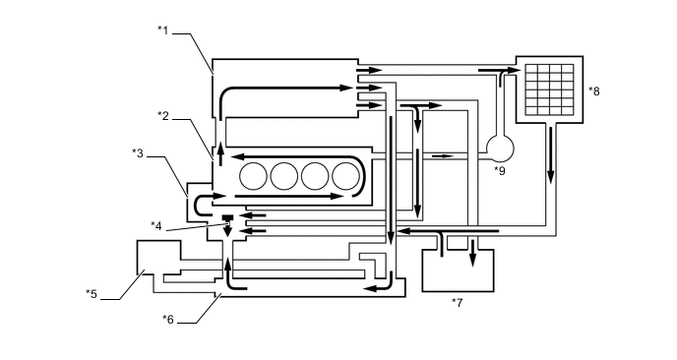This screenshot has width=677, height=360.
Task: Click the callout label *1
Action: pos(162,30)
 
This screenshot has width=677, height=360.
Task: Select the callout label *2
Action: pos(162,116)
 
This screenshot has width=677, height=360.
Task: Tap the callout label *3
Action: pos(138,153)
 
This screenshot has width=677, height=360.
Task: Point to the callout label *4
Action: pos(155,226)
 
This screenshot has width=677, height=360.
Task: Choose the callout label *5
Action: pos(92,294)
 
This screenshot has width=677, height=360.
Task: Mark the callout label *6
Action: pos(168,319)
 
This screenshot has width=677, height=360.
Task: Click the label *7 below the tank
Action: pos(457,303)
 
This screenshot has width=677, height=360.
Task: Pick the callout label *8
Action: pos(594,91)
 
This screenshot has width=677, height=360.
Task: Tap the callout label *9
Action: pos(500,171)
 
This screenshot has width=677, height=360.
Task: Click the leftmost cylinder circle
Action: pos(253,176)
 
